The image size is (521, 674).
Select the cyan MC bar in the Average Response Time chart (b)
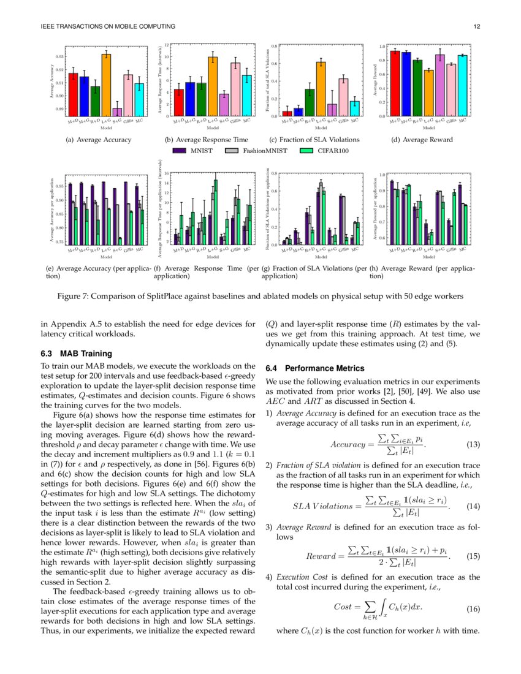click(x=246, y=96)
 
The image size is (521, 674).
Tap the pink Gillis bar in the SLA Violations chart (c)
click(x=343, y=97)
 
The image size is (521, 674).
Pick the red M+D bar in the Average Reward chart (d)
click(x=395, y=83)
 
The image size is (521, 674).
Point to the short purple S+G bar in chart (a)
click(x=117, y=112)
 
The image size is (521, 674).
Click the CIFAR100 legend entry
click(x=325, y=150)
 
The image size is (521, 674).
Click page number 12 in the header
click(x=477, y=26)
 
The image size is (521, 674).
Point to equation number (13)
click(x=473, y=444)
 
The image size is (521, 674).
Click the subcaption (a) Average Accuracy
click(x=99, y=140)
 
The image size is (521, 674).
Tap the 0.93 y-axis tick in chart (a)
click(x=59, y=56)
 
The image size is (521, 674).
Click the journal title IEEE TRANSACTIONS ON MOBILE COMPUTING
click(x=108, y=26)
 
